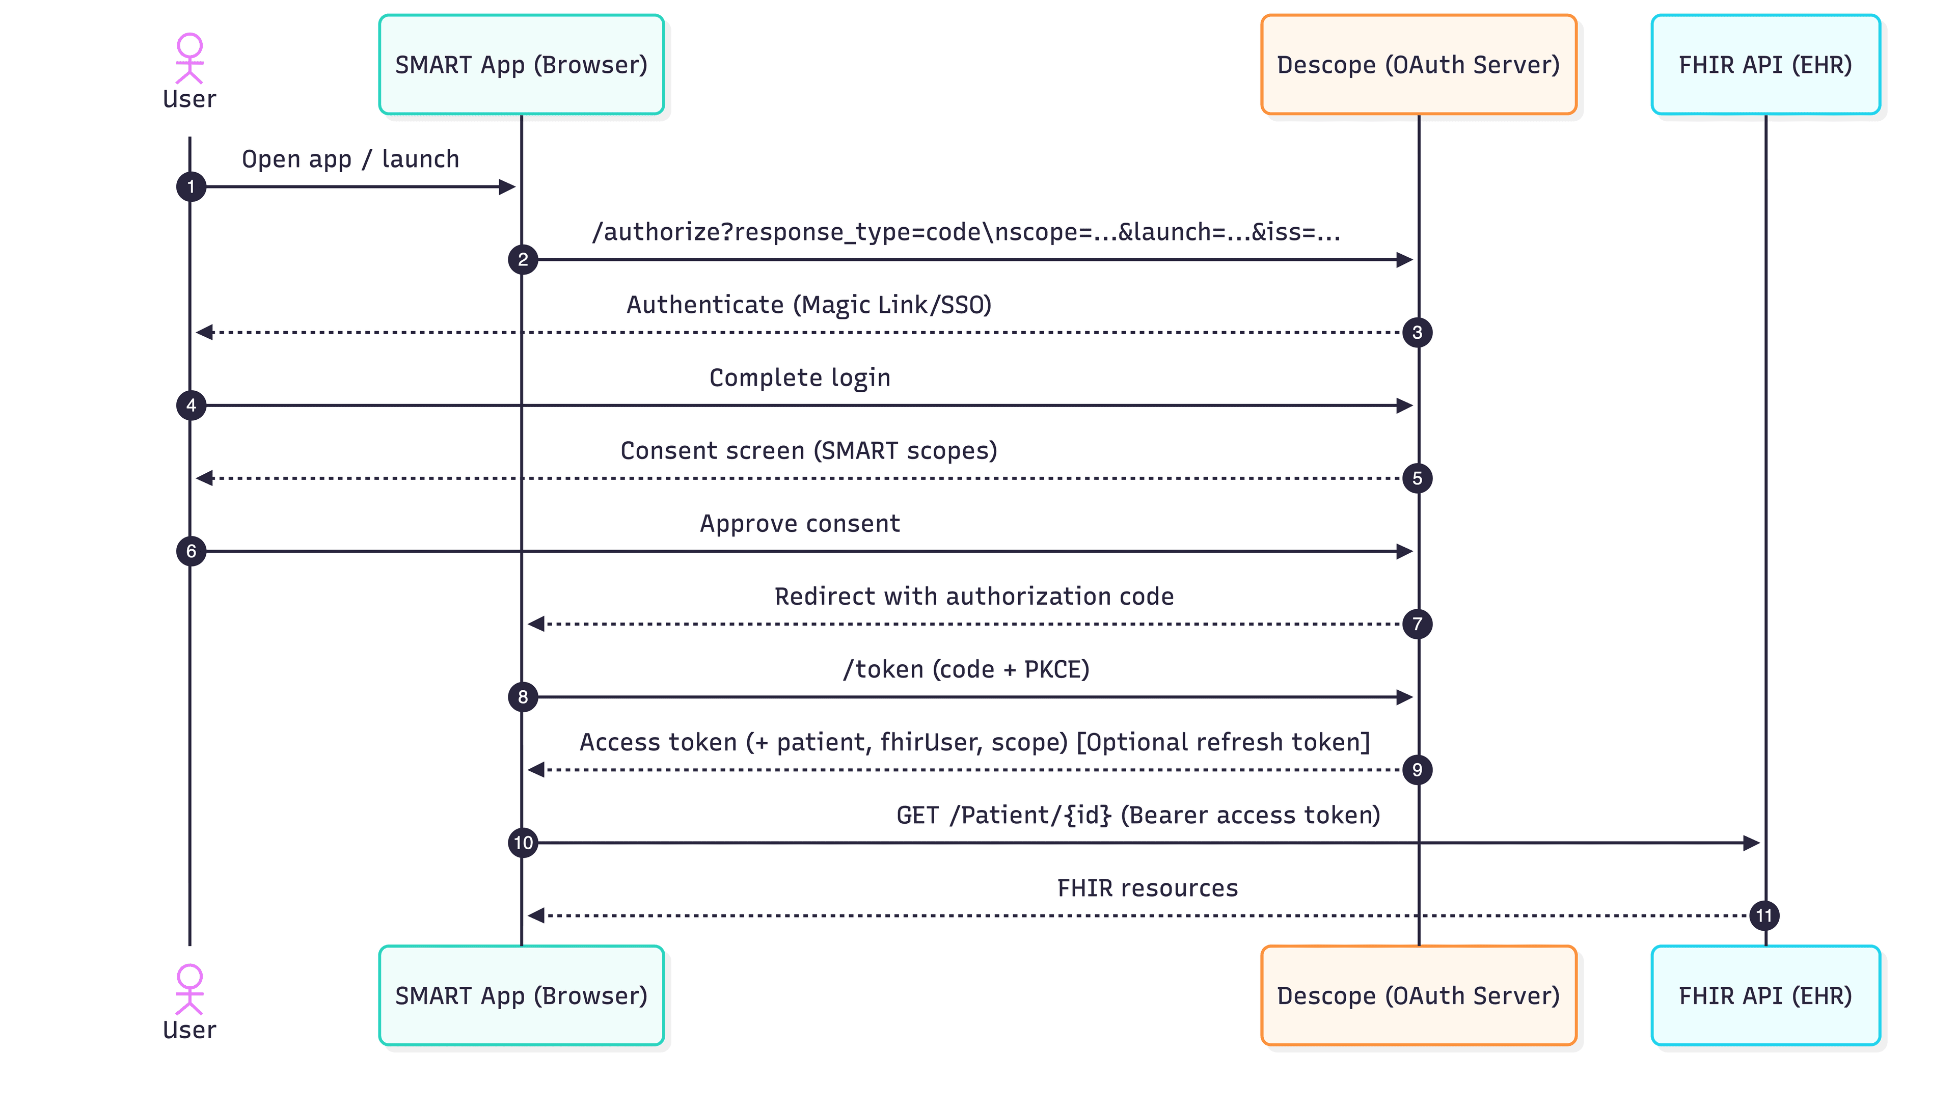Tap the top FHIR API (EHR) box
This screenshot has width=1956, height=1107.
[x=1764, y=65]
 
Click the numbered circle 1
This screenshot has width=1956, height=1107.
[x=191, y=186]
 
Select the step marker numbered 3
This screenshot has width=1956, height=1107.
[x=1417, y=332]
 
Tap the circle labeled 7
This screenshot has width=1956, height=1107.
[x=1417, y=624]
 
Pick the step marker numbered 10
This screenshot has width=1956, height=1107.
[x=523, y=843]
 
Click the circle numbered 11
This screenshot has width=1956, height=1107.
[x=1763, y=915]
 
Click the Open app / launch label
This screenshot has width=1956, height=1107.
[x=350, y=159]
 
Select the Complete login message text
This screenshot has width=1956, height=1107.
[x=799, y=378]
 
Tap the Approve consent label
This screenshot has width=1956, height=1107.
[x=799, y=524]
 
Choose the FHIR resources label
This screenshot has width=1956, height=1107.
[x=1147, y=888]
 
